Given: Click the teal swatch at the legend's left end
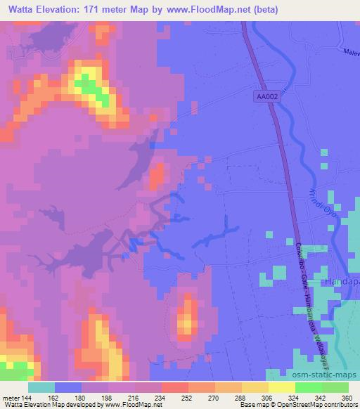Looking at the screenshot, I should pyautogui.click(x=41, y=387).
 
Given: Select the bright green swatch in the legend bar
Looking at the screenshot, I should pyautogui.click(x=308, y=387).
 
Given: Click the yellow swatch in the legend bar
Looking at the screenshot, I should pyautogui.click(x=281, y=387).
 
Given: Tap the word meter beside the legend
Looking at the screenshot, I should pyautogui.click(x=10, y=398).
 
